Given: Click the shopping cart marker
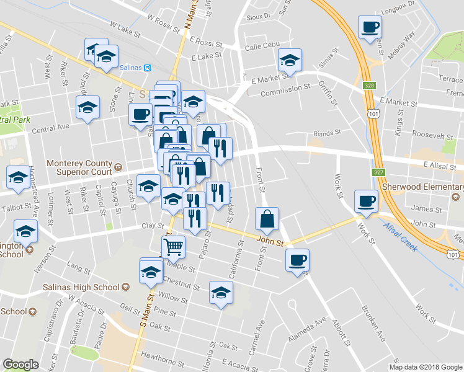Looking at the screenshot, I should (x=174, y=247).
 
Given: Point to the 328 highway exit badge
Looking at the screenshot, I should (x=370, y=86).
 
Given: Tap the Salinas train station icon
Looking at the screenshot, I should (x=148, y=68).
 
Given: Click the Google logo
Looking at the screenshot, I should (x=20, y=364).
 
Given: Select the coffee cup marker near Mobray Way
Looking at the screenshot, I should (x=370, y=27).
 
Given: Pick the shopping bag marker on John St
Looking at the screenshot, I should (x=267, y=218).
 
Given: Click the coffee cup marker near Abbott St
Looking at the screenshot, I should (x=297, y=260).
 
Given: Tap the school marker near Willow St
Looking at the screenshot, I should (x=221, y=293).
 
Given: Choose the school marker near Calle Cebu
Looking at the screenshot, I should (x=290, y=60).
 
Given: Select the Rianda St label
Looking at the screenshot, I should (x=328, y=132).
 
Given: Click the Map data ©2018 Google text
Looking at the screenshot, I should (x=426, y=367).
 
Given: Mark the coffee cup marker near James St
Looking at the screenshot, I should (x=366, y=201).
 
